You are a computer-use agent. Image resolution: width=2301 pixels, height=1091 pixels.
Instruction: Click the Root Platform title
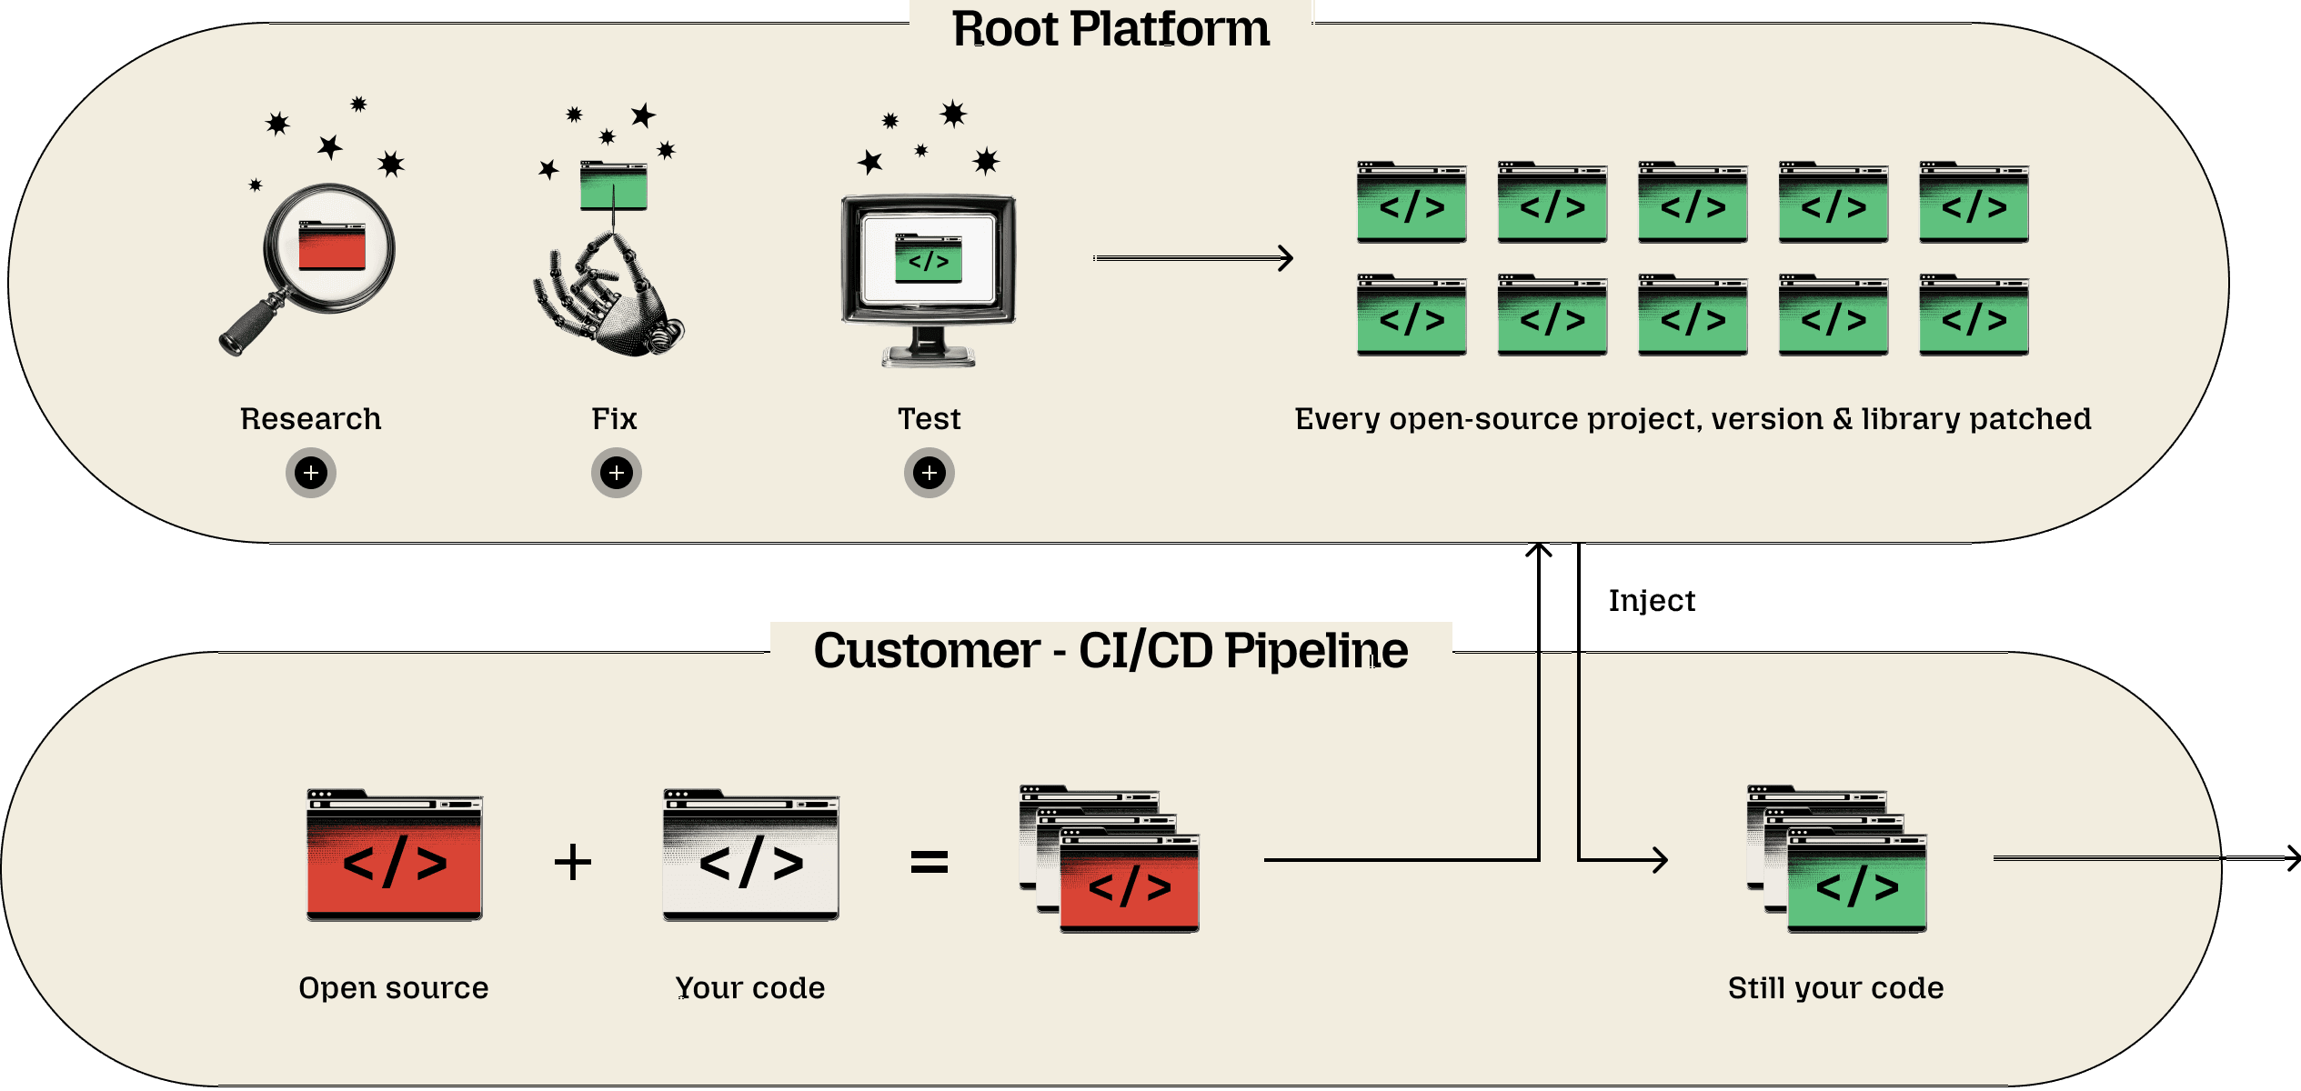[1110, 29]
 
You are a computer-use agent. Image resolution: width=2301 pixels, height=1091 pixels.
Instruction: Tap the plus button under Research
[311, 473]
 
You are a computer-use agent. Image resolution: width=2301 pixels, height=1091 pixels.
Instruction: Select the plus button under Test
[929, 473]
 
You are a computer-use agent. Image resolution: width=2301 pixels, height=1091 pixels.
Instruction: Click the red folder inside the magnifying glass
[332, 245]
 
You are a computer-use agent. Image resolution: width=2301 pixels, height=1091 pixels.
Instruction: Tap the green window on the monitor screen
[928, 259]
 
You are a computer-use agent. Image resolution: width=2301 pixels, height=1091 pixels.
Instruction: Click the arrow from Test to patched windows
[1192, 258]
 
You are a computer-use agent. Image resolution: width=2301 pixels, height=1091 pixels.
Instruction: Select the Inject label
[1652, 601]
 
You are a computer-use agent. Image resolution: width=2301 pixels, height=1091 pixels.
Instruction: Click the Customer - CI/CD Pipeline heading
[1110, 651]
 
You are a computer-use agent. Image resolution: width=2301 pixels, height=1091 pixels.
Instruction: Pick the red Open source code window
[395, 856]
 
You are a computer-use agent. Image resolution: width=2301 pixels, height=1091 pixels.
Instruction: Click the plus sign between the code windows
[573, 861]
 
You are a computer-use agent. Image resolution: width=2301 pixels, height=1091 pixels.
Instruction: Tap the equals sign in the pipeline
[929, 861]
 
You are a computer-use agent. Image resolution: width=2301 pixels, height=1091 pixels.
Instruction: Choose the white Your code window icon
[751, 856]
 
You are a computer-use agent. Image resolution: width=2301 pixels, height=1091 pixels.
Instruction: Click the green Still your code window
[1856, 883]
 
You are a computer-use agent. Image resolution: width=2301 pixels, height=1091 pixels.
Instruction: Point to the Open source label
[394, 988]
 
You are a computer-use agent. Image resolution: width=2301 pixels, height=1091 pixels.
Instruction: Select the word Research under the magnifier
[311, 419]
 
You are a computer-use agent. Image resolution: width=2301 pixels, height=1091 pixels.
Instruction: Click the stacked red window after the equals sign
[1129, 883]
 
